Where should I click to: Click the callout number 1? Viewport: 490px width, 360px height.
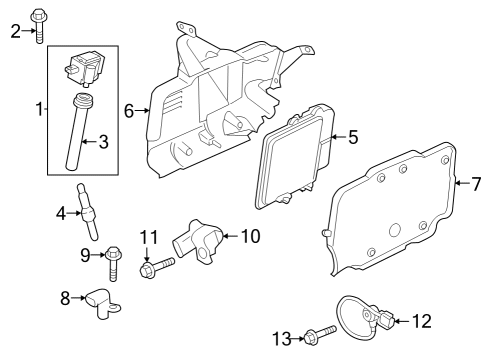(39, 108)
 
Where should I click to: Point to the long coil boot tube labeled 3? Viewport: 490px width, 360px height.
(77, 135)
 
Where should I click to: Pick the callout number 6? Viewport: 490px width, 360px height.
(129, 111)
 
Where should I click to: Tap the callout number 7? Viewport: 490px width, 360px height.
(476, 184)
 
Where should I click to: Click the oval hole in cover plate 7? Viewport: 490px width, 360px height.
(395, 231)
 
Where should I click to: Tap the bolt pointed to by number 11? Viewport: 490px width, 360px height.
(158, 266)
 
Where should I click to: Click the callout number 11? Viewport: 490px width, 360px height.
(149, 237)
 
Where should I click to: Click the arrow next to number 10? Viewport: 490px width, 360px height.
(227, 236)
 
